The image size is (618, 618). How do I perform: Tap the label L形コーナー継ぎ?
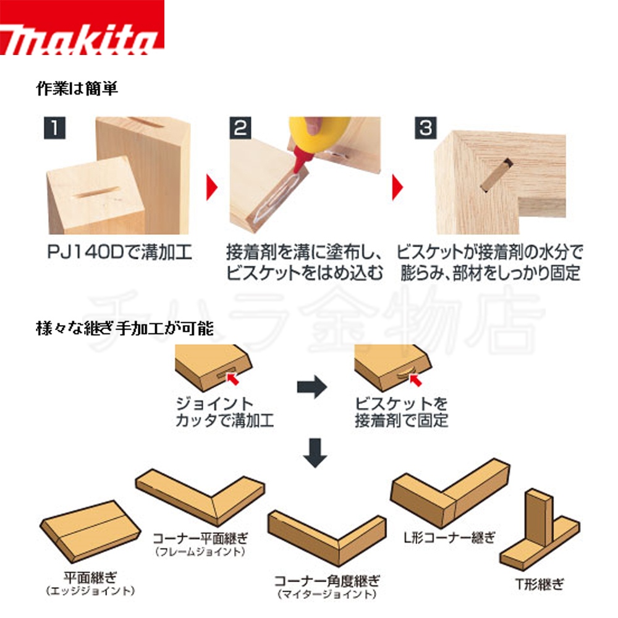click(444, 537)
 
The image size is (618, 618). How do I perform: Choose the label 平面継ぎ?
click(90, 578)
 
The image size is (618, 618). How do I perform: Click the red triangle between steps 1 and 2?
click(213, 185)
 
